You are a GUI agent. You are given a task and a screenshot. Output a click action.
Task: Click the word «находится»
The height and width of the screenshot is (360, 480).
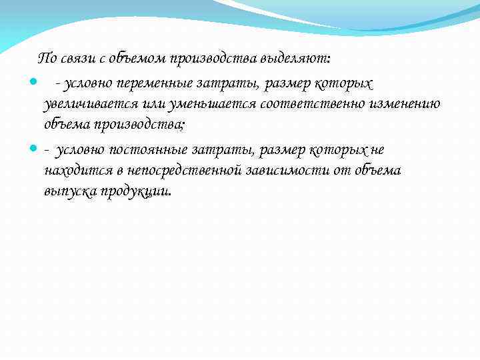(x=73, y=171)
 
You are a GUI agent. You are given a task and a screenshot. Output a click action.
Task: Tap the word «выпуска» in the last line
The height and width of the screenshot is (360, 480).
(x=69, y=191)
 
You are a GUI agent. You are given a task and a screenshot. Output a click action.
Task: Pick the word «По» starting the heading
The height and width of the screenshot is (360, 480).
(x=48, y=59)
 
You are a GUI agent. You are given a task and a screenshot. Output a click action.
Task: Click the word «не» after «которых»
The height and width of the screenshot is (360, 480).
(x=377, y=150)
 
